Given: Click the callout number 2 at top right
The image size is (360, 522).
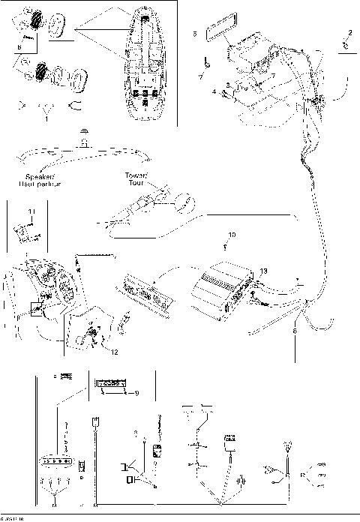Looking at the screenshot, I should point(349,32).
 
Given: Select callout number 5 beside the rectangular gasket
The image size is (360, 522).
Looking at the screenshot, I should point(194,34).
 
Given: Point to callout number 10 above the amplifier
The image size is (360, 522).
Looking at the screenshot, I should point(232,235).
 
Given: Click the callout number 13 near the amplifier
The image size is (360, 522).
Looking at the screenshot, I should point(262,271).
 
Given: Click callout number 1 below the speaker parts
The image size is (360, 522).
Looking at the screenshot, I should point(46,118).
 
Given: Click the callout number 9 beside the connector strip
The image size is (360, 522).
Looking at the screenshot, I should point(135,393).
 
